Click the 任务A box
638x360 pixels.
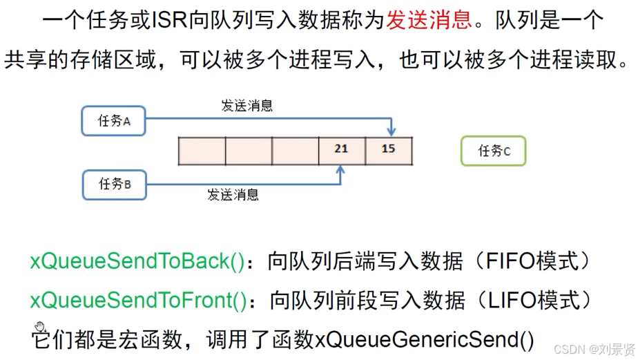coord(114,121)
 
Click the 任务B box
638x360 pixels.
coord(114,184)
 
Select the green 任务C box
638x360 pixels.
coord(493,151)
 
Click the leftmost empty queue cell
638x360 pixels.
coord(202,151)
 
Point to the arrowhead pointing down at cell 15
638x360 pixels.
coord(391,131)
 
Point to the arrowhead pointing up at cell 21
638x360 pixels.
coord(341,170)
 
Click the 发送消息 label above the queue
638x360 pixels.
coord(246,106)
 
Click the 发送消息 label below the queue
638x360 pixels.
coord(233,195)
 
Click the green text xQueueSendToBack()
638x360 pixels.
coord(138,261)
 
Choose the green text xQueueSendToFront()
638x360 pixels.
coord(139,301)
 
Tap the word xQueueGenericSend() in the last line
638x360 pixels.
coord(425,339)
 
